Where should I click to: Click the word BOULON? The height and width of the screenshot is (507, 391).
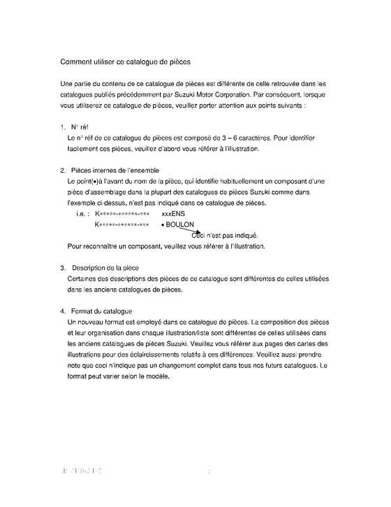click(x=180, y=224)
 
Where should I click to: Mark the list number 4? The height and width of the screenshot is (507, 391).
click(x=63, y=311)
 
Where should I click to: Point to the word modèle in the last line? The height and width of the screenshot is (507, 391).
click(x=157, y=376)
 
